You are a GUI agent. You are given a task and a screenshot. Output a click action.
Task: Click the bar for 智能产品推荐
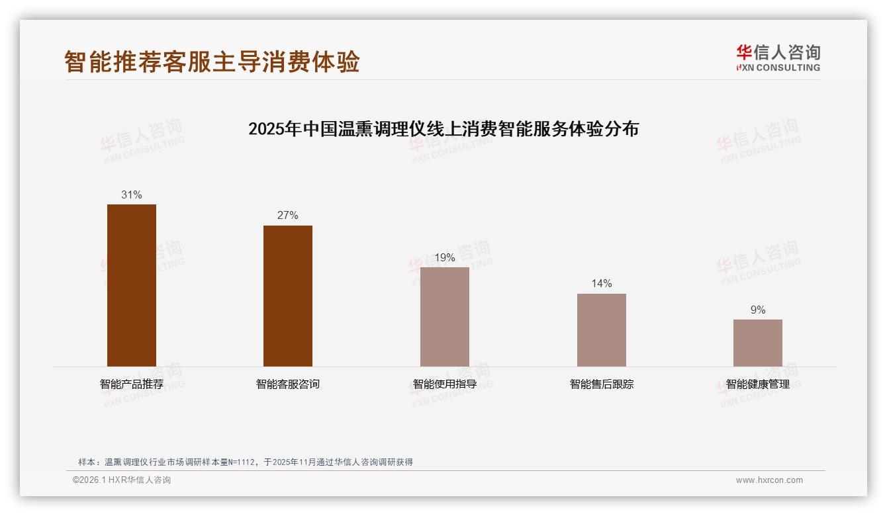point(132,285)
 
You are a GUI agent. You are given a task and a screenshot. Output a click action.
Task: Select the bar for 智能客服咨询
point(288,296)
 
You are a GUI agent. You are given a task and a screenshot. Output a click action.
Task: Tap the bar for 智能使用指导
point(445,317)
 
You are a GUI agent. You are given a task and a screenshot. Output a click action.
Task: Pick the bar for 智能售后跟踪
point(601,330)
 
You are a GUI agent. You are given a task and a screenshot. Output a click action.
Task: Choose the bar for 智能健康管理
point(758,343)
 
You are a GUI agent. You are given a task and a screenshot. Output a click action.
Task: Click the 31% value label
point(132,195)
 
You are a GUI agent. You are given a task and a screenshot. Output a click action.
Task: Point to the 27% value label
point(288,216)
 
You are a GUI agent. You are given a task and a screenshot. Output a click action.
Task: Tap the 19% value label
point(445,258)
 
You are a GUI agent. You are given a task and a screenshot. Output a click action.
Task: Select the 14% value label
point(601,284)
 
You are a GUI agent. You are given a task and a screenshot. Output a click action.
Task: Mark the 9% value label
point(758,310)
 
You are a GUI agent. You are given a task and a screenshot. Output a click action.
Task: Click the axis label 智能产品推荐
point(132,384)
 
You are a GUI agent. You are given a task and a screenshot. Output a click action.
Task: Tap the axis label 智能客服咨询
point(288,384)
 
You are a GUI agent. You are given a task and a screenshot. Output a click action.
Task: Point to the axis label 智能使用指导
point(445,384)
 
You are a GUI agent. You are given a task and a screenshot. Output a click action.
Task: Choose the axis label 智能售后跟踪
point(601,384)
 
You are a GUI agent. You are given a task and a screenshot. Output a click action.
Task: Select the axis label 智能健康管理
point(758,384)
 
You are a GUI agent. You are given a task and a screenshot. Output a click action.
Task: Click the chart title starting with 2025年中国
point(443,129)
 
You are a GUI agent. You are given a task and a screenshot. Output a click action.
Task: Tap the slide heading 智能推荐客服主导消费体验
point(212,62)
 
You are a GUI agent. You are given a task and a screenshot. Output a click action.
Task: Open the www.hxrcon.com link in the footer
point(769,480)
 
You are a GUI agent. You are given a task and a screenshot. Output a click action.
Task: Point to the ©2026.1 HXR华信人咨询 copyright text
point(122,480)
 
